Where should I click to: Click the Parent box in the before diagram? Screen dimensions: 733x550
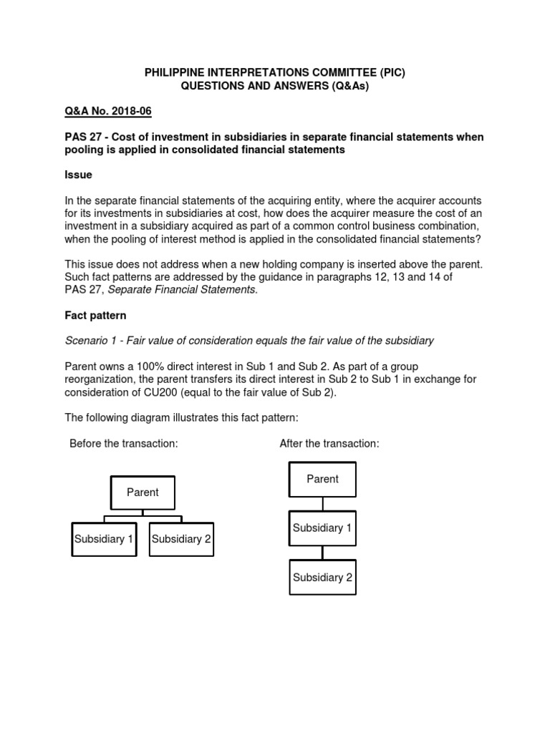coord(143,492)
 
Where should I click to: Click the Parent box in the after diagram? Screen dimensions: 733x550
coord(322,479)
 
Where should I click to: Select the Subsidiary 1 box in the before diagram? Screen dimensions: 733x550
coord(104,539)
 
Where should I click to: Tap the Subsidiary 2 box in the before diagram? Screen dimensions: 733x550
coord(181,539)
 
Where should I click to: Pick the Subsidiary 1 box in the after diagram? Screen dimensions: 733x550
coord(322,528)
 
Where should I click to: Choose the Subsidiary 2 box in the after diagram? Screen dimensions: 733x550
coord(322,578)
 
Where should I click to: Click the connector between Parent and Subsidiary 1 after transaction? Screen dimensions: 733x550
coord(323,503)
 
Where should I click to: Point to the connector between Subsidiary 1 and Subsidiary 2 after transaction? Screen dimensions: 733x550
coord(323,553)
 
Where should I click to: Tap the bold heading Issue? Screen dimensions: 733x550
coord(79,175)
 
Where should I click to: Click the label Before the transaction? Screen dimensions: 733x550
coord(123,444)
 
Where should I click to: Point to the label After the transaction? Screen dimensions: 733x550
coord(329,444)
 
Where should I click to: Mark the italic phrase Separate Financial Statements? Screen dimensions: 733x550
coord(181,289)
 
